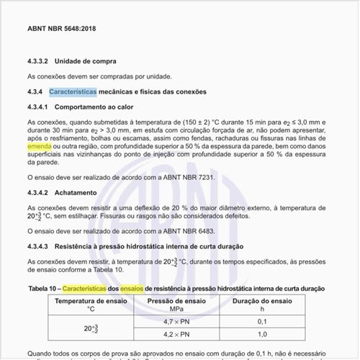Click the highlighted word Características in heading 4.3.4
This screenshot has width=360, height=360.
[72, 92]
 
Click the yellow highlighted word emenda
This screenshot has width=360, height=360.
[42, 145]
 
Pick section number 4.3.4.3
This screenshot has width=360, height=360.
[37, 247]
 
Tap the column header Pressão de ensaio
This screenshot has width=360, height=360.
[176, 300]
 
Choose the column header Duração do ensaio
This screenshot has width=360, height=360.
[261, 300]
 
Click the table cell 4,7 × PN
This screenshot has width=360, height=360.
[176, 321]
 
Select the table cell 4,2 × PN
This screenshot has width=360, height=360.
[176, 335]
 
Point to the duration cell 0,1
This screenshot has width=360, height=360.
[261, 321]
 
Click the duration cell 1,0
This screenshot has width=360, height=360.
[261, 335]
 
